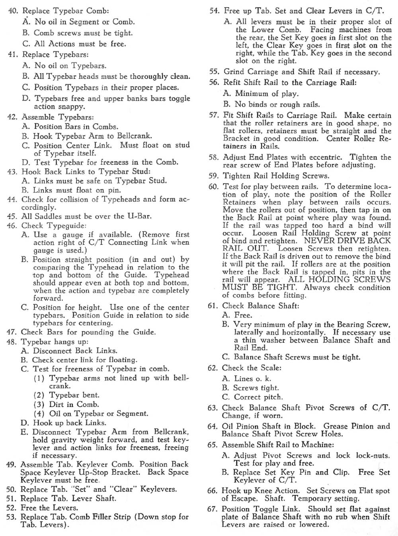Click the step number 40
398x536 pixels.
pyautogui.click(x=13, y=11)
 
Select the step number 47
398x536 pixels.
pyautogui.click(x=12, y=332)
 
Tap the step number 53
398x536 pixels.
pyautogui.click(x=11, y=517)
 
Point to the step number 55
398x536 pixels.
pyautogui.click(x=214, y=72)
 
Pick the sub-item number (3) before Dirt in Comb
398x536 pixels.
pyautogui.click(x=39, y=404)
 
